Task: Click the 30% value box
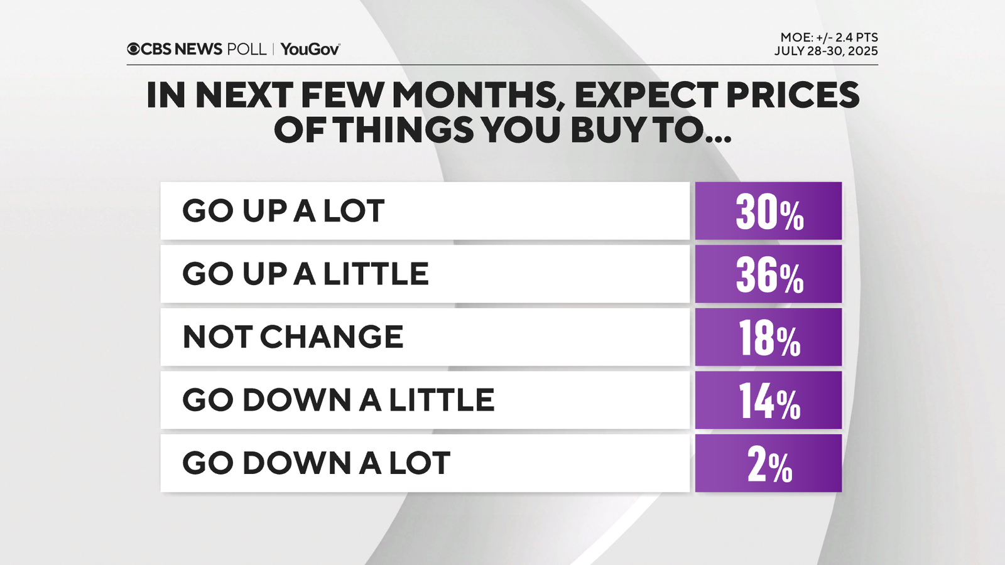(x=768, y=211)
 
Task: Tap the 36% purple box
(x=768, y=274)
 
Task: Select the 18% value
(x=768, y=337)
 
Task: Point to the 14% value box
(x=768, y=401)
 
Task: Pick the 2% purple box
(x=768, y=463)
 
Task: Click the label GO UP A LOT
(x=283, y=211)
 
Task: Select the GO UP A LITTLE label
(x=305, y=274)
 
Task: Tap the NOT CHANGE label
(x=293, y=337)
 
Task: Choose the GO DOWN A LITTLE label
(x=339, y=401)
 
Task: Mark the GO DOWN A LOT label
(x=316, y=463)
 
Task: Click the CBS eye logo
(x=133, y=49)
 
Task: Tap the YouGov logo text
(x=310, y=49)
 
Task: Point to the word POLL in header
(x=246, y=49)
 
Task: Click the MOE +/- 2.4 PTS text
(x=828, y=38)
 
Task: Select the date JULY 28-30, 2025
(x=826, y=51)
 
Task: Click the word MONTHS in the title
(x=475, y=95)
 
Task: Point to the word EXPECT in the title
(x=646, y=95)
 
